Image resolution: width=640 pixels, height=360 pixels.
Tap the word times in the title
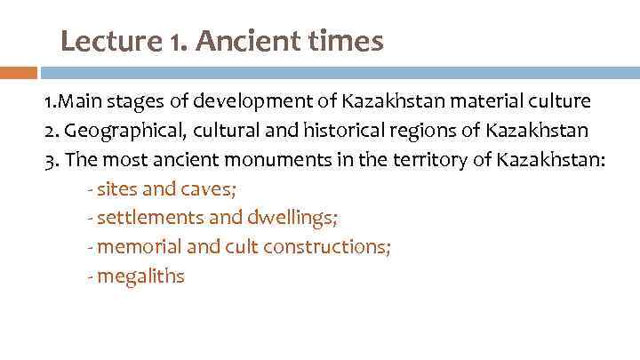345,41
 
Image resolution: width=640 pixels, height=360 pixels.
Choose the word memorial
135,247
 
